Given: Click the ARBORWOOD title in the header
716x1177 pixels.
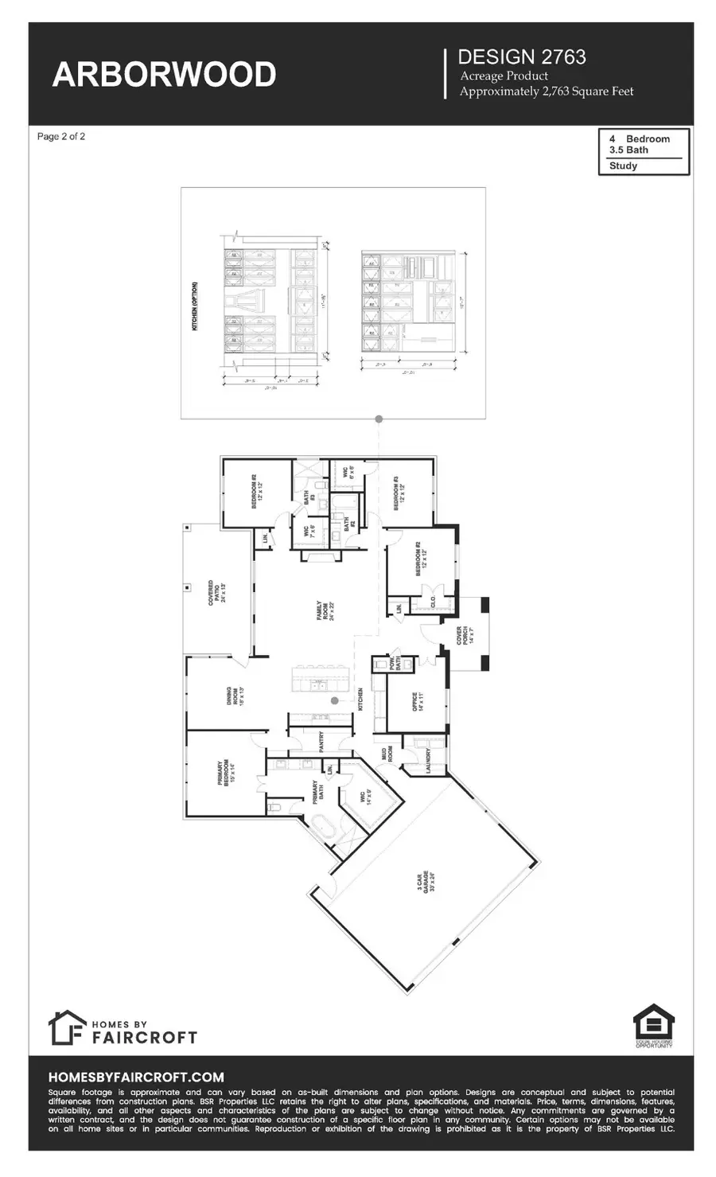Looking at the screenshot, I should (164, 75).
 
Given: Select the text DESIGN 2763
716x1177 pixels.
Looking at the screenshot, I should (522, 57).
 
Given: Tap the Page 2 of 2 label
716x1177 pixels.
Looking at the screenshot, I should (61, 137).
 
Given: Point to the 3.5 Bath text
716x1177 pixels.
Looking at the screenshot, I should (628, 150).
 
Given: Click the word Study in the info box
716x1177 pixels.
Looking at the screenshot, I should (623, 166).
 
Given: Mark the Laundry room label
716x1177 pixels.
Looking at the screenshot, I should (429, 758).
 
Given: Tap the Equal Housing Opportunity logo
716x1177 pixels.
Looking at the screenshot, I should (653, 1025).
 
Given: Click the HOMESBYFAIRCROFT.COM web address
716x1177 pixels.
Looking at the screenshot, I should (136, 1077).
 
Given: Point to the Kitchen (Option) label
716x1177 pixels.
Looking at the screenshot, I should (195, 306).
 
